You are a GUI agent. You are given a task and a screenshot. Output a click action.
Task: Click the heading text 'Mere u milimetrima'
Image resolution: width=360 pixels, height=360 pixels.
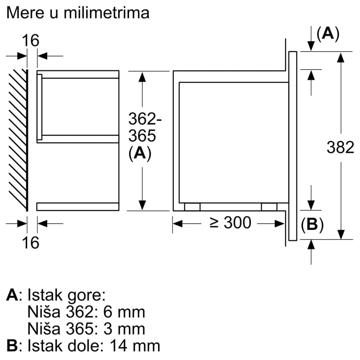tap(78, 13)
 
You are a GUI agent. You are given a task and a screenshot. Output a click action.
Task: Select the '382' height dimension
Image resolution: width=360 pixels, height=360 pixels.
tap(340, 147)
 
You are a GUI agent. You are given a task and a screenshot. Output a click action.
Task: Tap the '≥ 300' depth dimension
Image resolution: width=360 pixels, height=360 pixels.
tap(230, 223)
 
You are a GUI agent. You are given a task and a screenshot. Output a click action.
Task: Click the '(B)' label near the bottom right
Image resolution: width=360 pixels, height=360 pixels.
tap(312, 225)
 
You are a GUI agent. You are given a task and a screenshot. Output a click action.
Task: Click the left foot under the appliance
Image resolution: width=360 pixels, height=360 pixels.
tap(192, 207)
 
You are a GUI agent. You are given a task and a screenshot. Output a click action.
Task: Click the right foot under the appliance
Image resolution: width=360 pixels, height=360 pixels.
tap(269, 207)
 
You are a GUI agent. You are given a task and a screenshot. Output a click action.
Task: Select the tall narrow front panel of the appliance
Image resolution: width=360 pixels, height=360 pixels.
tap(292, 145)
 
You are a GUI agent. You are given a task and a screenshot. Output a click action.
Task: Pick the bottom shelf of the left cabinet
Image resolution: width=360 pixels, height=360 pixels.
tap(77, 207)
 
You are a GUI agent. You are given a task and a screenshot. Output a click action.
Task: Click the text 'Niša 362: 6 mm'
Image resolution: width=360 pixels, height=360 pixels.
tap(86, 312)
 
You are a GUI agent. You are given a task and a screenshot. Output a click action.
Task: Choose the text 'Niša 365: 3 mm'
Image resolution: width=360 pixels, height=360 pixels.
tap(86, 329)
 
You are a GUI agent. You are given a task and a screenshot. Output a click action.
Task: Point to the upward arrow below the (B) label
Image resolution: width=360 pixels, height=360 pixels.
tap(311, 245)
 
